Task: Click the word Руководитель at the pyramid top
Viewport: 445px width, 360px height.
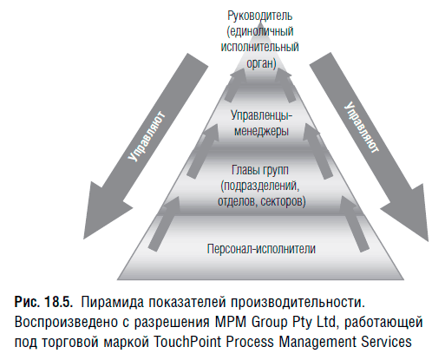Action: pos(259,16)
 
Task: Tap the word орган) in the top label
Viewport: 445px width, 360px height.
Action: pos(261,63)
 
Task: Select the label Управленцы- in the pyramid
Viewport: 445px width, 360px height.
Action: pos(261,116)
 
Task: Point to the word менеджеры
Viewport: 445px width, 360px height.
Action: pos(261,132)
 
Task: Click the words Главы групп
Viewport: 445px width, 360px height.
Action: pos(260,170)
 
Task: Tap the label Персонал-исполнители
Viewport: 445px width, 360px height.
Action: pos(261,249)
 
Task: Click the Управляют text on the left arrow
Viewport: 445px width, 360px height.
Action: pos(147,136)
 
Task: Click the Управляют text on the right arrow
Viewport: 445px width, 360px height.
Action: pos(361,128)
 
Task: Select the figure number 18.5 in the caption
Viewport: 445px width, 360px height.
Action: pos(58,302)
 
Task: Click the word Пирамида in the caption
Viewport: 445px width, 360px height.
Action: pos(112,302)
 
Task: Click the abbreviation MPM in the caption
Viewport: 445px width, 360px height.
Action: pos(231,322)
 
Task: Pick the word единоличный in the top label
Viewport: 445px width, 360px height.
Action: pos(260,31)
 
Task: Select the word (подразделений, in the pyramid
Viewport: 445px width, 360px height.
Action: pos(260,186)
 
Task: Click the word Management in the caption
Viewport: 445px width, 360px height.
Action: pos(317,342)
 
